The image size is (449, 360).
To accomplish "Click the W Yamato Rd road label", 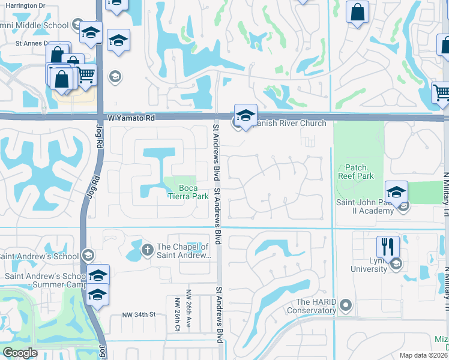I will [x=131, y=119].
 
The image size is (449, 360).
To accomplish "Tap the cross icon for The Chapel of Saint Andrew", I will [x=147, y=249].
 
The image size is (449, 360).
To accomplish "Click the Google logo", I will [x=20, y=353].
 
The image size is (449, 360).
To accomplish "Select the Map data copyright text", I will [x=424, y=355].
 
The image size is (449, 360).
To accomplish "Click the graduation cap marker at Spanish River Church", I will [x=246, y=115].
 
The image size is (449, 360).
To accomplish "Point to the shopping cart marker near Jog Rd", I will [x=86, y=75].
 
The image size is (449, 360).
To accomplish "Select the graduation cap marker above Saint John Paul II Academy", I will [x=396, y=192].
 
